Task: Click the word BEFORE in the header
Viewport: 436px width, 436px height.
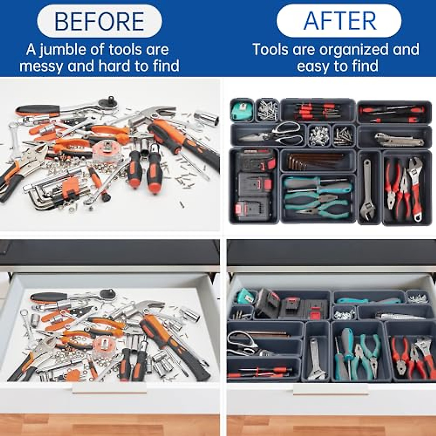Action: (99, 21)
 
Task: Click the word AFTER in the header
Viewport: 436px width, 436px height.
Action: (340, 21)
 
